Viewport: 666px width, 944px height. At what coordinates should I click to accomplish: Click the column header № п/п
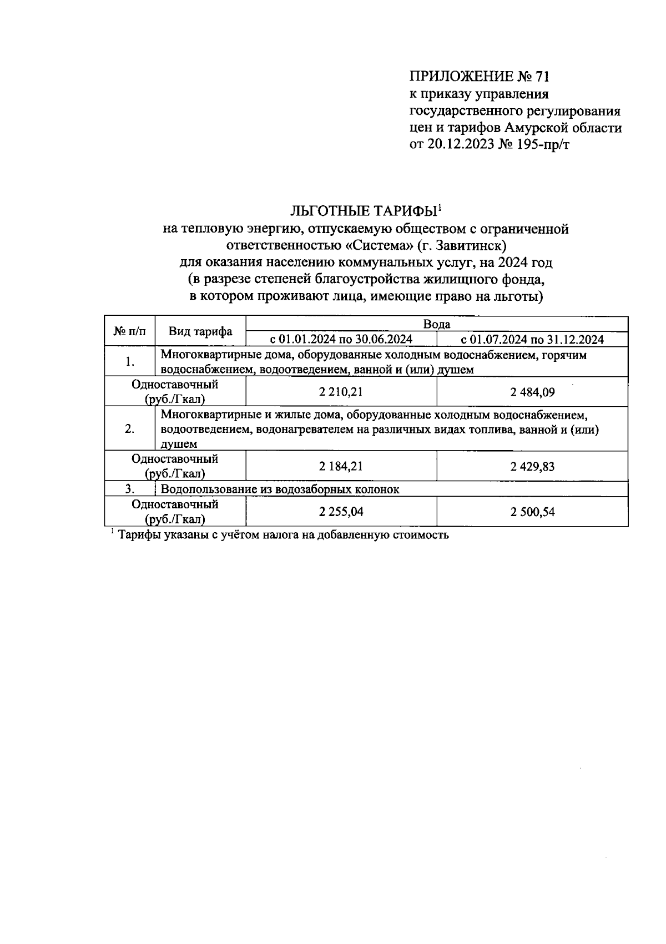tap(130, 332)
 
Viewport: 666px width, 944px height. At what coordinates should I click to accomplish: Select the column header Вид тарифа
tap(200, 332)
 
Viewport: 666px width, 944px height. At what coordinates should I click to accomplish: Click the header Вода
tap(436, 324)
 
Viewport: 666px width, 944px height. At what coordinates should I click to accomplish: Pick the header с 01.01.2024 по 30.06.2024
tap(341, 340)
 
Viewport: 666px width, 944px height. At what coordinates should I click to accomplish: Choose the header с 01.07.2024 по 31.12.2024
tap(532, 340)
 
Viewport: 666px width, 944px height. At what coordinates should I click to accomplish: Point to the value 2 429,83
tap(532, 466)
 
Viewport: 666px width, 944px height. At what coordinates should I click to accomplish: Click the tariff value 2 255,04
tap(341, 512)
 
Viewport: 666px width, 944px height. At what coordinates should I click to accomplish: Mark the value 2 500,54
tap(532, 512)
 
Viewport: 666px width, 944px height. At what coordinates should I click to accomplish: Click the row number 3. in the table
tap(130, 489)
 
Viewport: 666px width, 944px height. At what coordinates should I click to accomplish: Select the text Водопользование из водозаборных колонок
tap(280, 489)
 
